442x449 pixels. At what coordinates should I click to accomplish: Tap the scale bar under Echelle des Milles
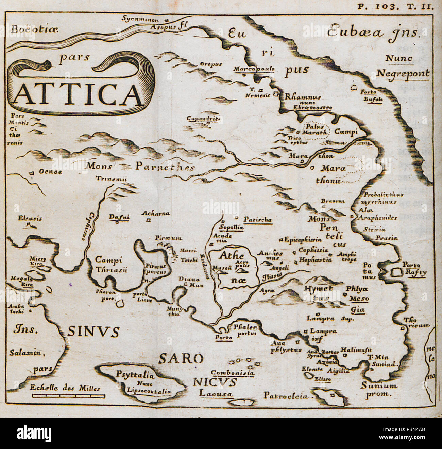pos(68,396)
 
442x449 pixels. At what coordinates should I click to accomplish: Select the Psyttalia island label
pos(135,376)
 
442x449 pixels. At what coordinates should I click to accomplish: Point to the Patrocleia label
pos(285,396)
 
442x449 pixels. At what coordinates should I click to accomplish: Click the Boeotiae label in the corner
pos(34,29)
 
